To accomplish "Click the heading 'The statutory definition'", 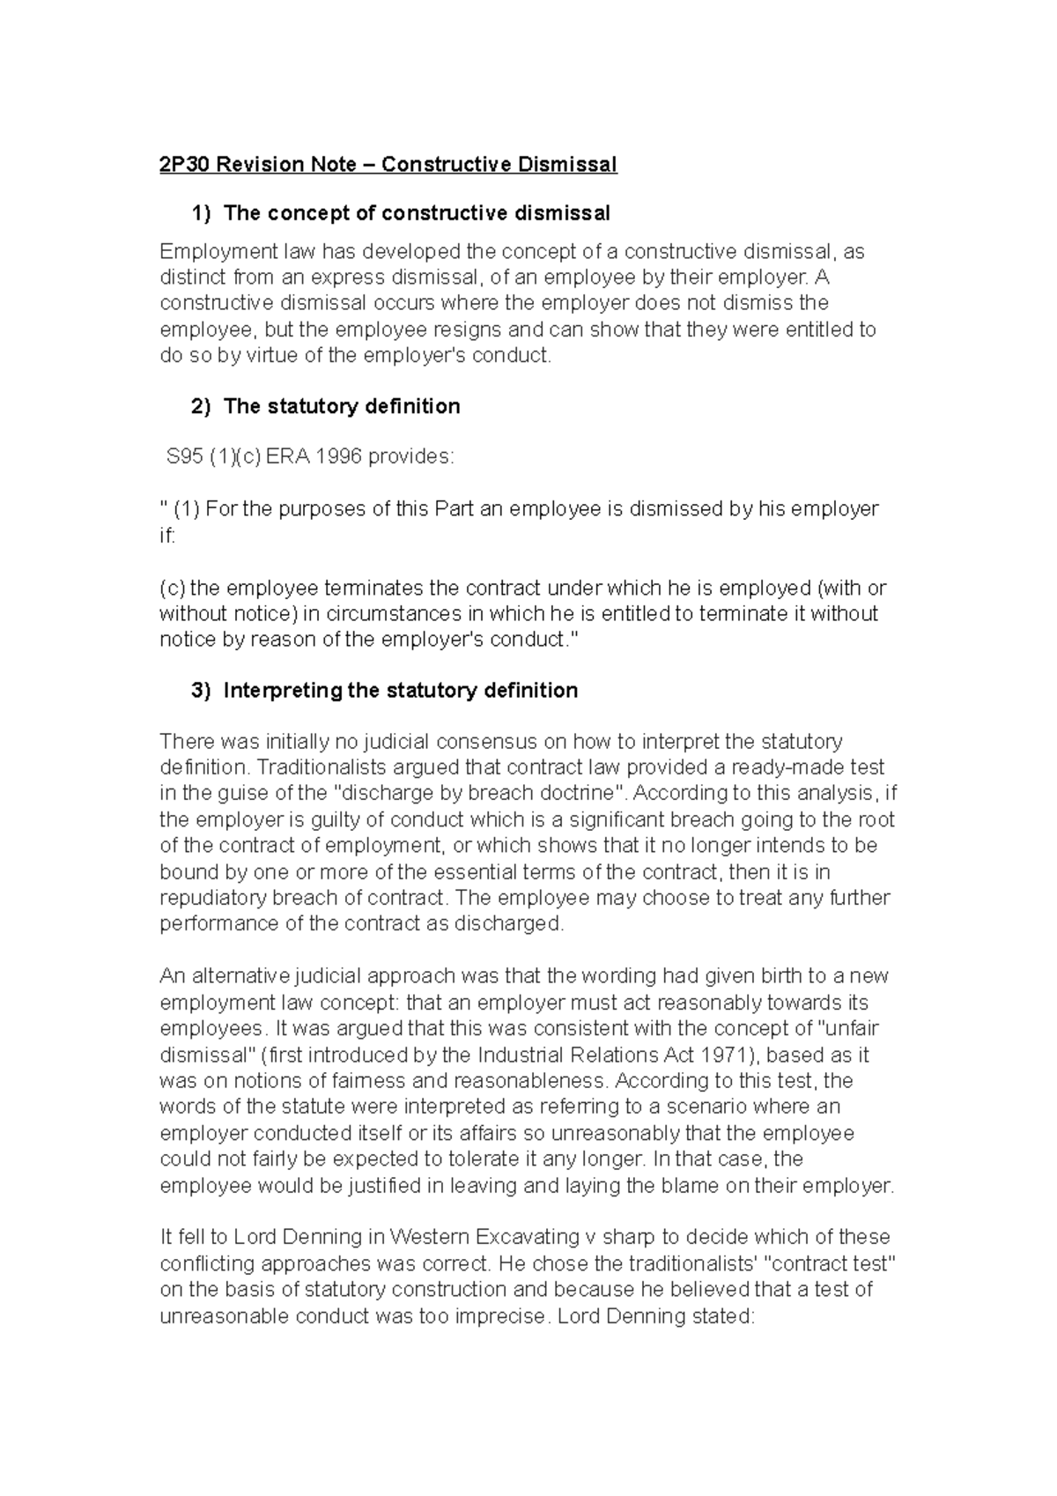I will [x=342, y=406].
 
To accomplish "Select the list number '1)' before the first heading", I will [x=202, y=213].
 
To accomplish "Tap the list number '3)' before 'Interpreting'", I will [x=202, y=690].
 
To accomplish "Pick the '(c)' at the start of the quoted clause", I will [x=173, y=588].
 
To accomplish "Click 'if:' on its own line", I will [x=167, y=536].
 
